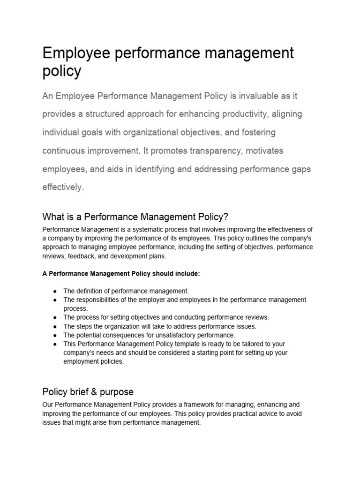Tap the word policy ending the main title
pyautogui.click(x=61, y=72)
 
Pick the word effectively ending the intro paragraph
pyautogui.click(x=62, y=187)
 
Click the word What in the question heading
pyautogui.click(x=52, y=217)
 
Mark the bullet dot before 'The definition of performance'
pyautogui.click(x=55, y=291)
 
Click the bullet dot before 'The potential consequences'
pyautogui.click(x=55, y=335)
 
